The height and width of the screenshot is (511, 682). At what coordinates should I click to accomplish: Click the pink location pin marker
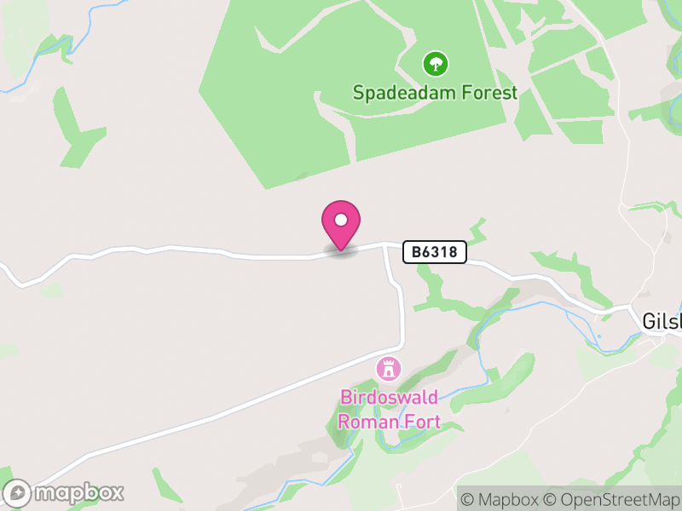[341, 224]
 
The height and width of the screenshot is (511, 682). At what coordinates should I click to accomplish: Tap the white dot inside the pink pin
[341, 221]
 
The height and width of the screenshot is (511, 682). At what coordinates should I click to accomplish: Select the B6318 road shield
[435, 251]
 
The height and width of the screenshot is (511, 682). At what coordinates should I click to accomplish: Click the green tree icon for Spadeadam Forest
[436, 63]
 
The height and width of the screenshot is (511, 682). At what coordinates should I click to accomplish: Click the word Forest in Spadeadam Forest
[488, 93]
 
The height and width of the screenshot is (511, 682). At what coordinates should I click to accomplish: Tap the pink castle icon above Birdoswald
[389, 369]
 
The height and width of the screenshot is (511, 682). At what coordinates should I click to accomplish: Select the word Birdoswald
[389, 397]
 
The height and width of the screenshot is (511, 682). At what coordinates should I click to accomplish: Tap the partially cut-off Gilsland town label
[662, 321]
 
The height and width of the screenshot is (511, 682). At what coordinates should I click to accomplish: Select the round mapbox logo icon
[18, 492]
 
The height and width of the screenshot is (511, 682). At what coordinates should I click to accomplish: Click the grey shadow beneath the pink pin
[341, 252]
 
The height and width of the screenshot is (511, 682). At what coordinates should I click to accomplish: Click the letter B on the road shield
[416, 251]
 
